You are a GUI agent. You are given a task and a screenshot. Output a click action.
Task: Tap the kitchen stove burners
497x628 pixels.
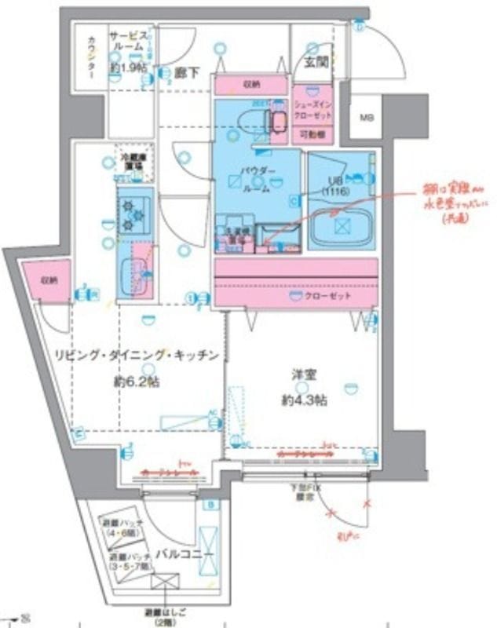click(x=129, y=213)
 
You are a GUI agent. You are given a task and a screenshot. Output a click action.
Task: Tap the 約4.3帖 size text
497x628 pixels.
click(x=302, y=400)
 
